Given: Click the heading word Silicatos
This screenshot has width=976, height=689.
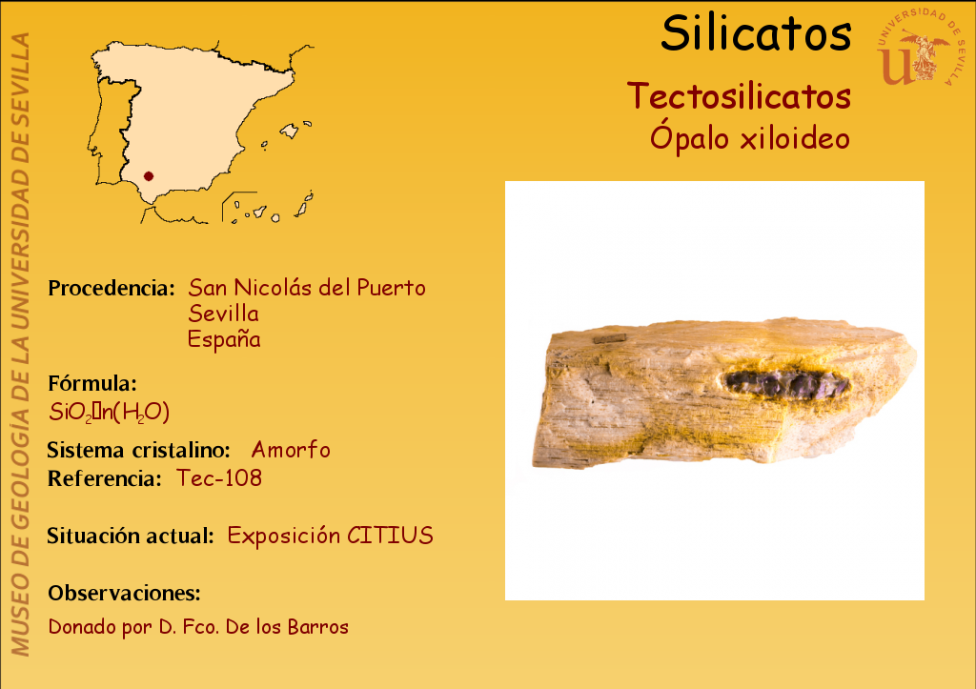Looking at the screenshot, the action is [756, 33].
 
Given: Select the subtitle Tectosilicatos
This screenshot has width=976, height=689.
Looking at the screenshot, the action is [739, 96].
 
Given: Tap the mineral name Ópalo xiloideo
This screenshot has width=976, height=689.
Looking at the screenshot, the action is [749, 137].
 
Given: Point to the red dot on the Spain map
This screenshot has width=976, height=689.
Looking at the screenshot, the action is [148, 176].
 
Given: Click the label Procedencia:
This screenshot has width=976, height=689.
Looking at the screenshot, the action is [112, 288].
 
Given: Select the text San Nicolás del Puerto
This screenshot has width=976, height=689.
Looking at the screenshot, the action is [307, 288].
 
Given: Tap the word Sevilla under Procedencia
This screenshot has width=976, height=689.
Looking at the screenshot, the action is [223, 314].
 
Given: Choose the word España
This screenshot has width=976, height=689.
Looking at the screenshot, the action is [224, 339].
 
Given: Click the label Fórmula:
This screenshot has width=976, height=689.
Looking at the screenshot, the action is [92, 383].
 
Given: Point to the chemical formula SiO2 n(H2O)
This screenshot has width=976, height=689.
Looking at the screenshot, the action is [109, 412].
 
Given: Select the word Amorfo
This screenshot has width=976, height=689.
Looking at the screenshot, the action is [291, 450].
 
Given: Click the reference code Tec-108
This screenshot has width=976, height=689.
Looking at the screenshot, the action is [219, 478].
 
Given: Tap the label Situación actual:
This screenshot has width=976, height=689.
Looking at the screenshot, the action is [131, 536].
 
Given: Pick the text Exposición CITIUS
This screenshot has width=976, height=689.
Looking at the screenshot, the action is [330, 536].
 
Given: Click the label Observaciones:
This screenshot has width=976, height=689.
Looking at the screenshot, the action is [125, 593].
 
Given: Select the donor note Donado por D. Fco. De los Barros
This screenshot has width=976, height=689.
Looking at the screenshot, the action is [198, 627].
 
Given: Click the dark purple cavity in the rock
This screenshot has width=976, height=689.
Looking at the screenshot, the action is [786, 383].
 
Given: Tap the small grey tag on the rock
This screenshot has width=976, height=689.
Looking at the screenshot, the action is [609, 339].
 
